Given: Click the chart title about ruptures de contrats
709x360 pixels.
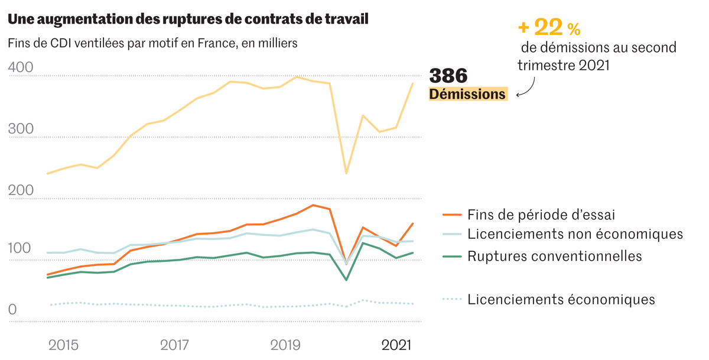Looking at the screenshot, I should pyautogui.click(x=188, y=20).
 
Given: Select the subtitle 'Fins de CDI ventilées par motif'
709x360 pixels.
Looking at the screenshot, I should pyautogui.click(x=152, y=44).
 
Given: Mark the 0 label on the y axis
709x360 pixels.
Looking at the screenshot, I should pyautogui.click(x=13, y=310).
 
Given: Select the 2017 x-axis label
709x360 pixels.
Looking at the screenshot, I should pyautogui.click(x=174, y=344).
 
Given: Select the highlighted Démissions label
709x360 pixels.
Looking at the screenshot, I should pyautogui.click(x=467, y=94).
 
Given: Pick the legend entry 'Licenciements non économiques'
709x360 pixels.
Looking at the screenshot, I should pyautogui.click(x=574, y=234).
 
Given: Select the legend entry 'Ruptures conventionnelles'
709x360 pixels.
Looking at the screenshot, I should pyautogui.click(x=554, y=256).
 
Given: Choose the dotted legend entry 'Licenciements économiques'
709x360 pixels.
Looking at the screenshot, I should pyautogui.click(x=561, y=299).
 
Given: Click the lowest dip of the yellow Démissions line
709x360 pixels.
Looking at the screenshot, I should pyautogui.click(x=346, y=173).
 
